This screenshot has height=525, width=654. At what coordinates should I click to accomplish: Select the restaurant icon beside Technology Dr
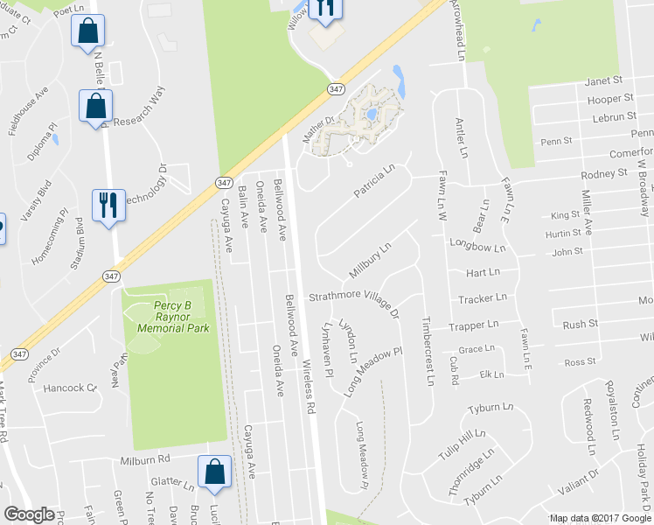click(x=108, y=205)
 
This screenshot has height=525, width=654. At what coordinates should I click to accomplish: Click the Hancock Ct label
click(x=70, y=387)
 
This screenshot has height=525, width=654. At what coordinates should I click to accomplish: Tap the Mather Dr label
click(x=318, y=129)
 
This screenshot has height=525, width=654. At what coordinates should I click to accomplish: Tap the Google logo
click(x=29, y=514)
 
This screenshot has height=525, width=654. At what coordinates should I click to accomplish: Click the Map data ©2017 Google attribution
click(x=599, y=517)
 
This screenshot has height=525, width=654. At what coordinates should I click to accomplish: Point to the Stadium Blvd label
click(x=79, y=244)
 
